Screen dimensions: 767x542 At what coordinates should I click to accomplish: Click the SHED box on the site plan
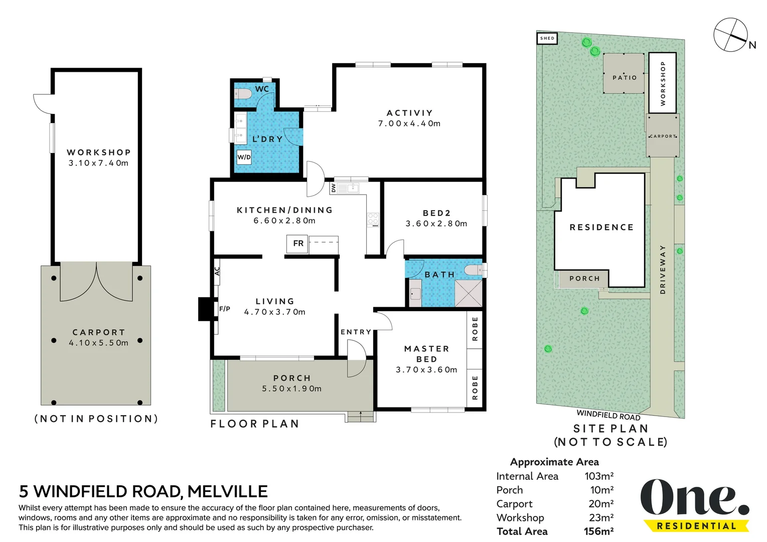click(x=547, y=38)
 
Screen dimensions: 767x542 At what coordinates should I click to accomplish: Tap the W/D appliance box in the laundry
click(x=244, y=157)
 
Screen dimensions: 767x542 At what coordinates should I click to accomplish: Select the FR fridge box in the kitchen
click(x=297, y=243)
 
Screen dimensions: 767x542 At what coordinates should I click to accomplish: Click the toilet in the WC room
click(x=243, y=93)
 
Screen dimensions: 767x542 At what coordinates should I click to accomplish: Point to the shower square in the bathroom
click(x=468, y=293)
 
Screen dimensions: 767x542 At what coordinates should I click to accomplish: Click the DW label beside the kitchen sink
click(x=334, y=188)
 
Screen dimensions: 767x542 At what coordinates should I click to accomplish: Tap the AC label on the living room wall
click(x=217, y=272)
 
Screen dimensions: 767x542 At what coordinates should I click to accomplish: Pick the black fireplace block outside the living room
click(x=205, y=309)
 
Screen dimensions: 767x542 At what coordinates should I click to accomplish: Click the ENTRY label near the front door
click(x=356, y=332)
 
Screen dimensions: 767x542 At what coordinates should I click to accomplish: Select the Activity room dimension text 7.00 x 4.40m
click(x=409, y=123)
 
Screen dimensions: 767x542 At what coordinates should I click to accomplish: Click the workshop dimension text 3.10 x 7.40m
click(x=99, y=163)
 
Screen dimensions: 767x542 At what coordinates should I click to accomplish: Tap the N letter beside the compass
click(x=752, y=45)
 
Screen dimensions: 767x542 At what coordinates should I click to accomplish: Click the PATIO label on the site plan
click(x=625, y=78)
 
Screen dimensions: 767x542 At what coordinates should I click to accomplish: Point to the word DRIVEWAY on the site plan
click(x=663, y=269)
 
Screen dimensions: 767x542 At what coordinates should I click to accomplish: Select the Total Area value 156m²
click(x=598, y=531)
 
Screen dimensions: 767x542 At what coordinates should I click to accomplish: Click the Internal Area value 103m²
click(x=599, y=476)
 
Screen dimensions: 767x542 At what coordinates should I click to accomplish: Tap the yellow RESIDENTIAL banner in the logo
click(x=696, y=526)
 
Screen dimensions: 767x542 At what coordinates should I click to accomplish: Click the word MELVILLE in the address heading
click(x=227, y=492)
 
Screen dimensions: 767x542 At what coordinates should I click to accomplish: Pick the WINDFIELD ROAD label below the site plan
click(x=608, y=415)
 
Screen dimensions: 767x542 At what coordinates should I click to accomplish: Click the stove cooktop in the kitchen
click(x=373, y=220)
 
